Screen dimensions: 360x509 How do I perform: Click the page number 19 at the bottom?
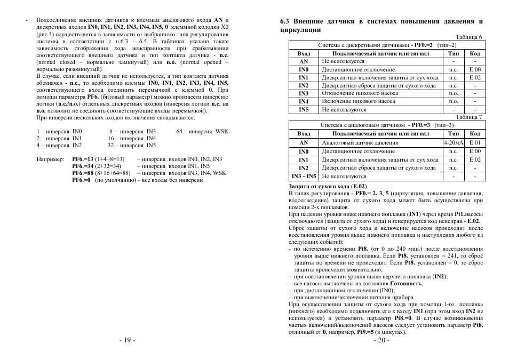coord(128,341)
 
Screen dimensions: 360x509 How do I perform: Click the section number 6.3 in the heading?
coord(285,22)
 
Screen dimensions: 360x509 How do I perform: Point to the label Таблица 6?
coord(470,37)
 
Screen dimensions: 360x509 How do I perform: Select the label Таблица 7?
coord(470,116)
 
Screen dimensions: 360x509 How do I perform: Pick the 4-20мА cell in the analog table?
coord(454,143)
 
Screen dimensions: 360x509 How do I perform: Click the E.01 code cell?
coord(475,143)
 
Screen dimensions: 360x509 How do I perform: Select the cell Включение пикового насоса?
coord(358,101)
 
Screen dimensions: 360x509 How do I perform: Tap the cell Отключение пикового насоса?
coord(359,93)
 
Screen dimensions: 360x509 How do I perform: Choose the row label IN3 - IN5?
coord(304,176)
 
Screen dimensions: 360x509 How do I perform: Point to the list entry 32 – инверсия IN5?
coord(132,145)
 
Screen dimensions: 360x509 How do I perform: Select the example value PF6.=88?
coord(83,173)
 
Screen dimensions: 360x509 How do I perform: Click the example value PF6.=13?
coord(83,159)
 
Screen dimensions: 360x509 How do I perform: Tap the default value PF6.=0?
coord(81,180)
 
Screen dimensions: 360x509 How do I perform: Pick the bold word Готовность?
coord(406,284)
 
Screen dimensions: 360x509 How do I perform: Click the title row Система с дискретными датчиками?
coord(387,45)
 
